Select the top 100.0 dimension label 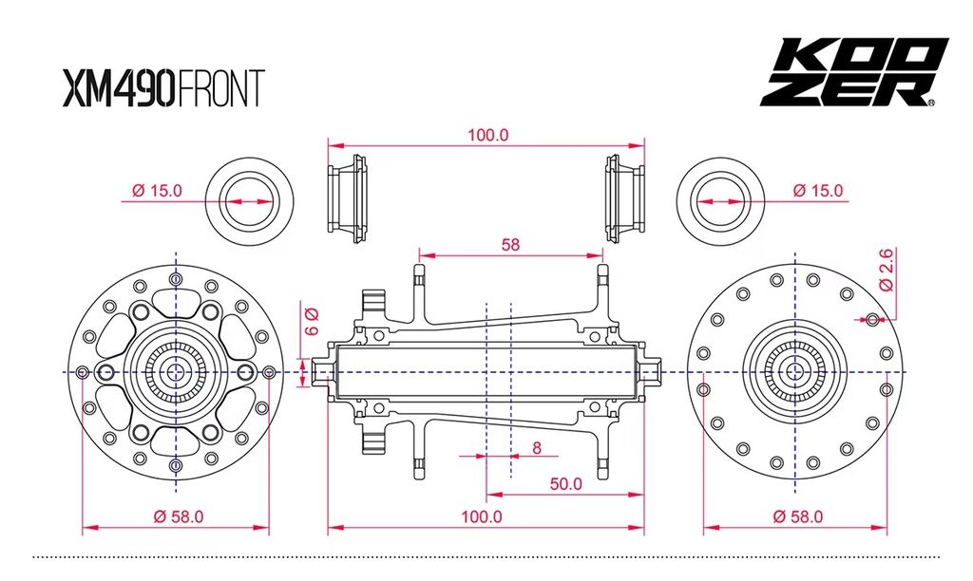click(x=487, y=135)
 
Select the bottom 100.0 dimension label click(x=482, y=517)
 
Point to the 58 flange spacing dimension click(x=510, y=244)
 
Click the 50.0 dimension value click(x=564, y=484)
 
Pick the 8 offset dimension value click(x=537, y=448)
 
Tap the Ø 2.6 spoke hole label click(x=886, y=270)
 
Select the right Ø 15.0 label click(x=818, y=191)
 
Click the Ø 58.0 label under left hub click(x=179, y=517)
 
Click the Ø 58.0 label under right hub click(x=797, y=517)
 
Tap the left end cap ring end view click(x=249, y=201)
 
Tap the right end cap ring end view click(x=721, y=201)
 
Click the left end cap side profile click(x=347, y=197)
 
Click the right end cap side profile click(x=624, y=197)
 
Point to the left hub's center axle click(x=176, y=371)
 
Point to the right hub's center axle click(x=796, y=371)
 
